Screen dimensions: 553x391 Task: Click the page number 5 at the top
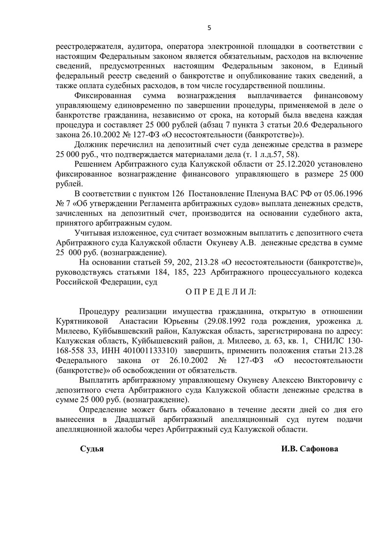tap(209, 28)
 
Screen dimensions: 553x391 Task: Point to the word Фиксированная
tap(105, 94)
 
